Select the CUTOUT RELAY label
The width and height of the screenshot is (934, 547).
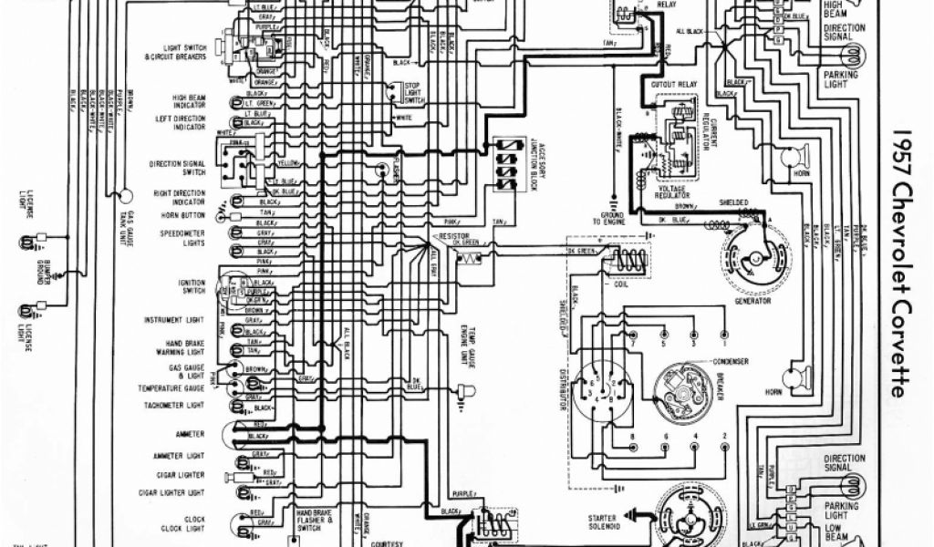click(x=673, y=85)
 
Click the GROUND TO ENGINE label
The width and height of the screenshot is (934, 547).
click(x=607, y=220)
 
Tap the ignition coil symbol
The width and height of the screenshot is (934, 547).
click(x=628, y=261)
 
